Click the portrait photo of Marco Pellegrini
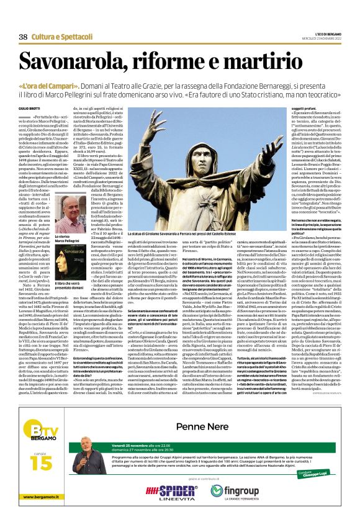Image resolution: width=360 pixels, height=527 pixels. [74, 214]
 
